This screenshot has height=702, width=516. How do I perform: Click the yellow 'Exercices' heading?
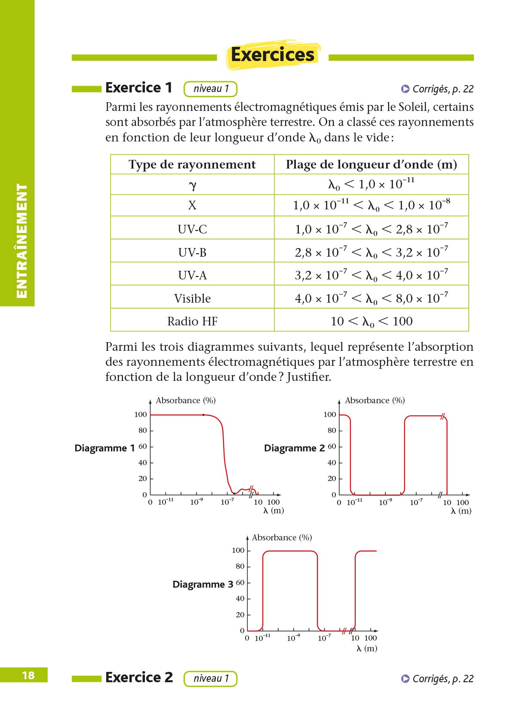point(273,55)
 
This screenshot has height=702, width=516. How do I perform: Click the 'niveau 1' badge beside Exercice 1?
point(210,89)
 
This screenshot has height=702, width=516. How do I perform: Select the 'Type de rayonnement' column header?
point(192,165)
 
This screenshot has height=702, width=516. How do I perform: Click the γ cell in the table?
point(192,185)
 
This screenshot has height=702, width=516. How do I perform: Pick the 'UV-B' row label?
point(192,252)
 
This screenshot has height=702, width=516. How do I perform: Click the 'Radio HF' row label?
point(192,321)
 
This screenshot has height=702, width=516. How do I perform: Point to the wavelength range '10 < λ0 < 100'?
point(371,321)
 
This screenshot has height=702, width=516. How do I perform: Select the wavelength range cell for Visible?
point(371,298)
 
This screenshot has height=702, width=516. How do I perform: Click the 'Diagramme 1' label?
point(104,448)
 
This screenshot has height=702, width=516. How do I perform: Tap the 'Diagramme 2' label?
point(294,448)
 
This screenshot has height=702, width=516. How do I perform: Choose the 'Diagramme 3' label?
point(203,584)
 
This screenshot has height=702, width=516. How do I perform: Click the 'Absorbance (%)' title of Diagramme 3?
point(282,537)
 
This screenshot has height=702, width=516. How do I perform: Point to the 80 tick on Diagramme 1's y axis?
point(142,430)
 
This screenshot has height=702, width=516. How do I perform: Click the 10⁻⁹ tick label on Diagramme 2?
point(385,502)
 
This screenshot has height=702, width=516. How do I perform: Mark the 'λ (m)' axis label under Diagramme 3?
point(366,648)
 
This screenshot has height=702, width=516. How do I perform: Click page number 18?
point(28,675)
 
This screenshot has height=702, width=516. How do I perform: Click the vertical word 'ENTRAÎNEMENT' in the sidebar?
point(21,241)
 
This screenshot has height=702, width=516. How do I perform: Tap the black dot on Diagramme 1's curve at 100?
point(203,415)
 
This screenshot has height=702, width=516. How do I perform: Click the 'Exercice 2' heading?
point(139,677)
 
